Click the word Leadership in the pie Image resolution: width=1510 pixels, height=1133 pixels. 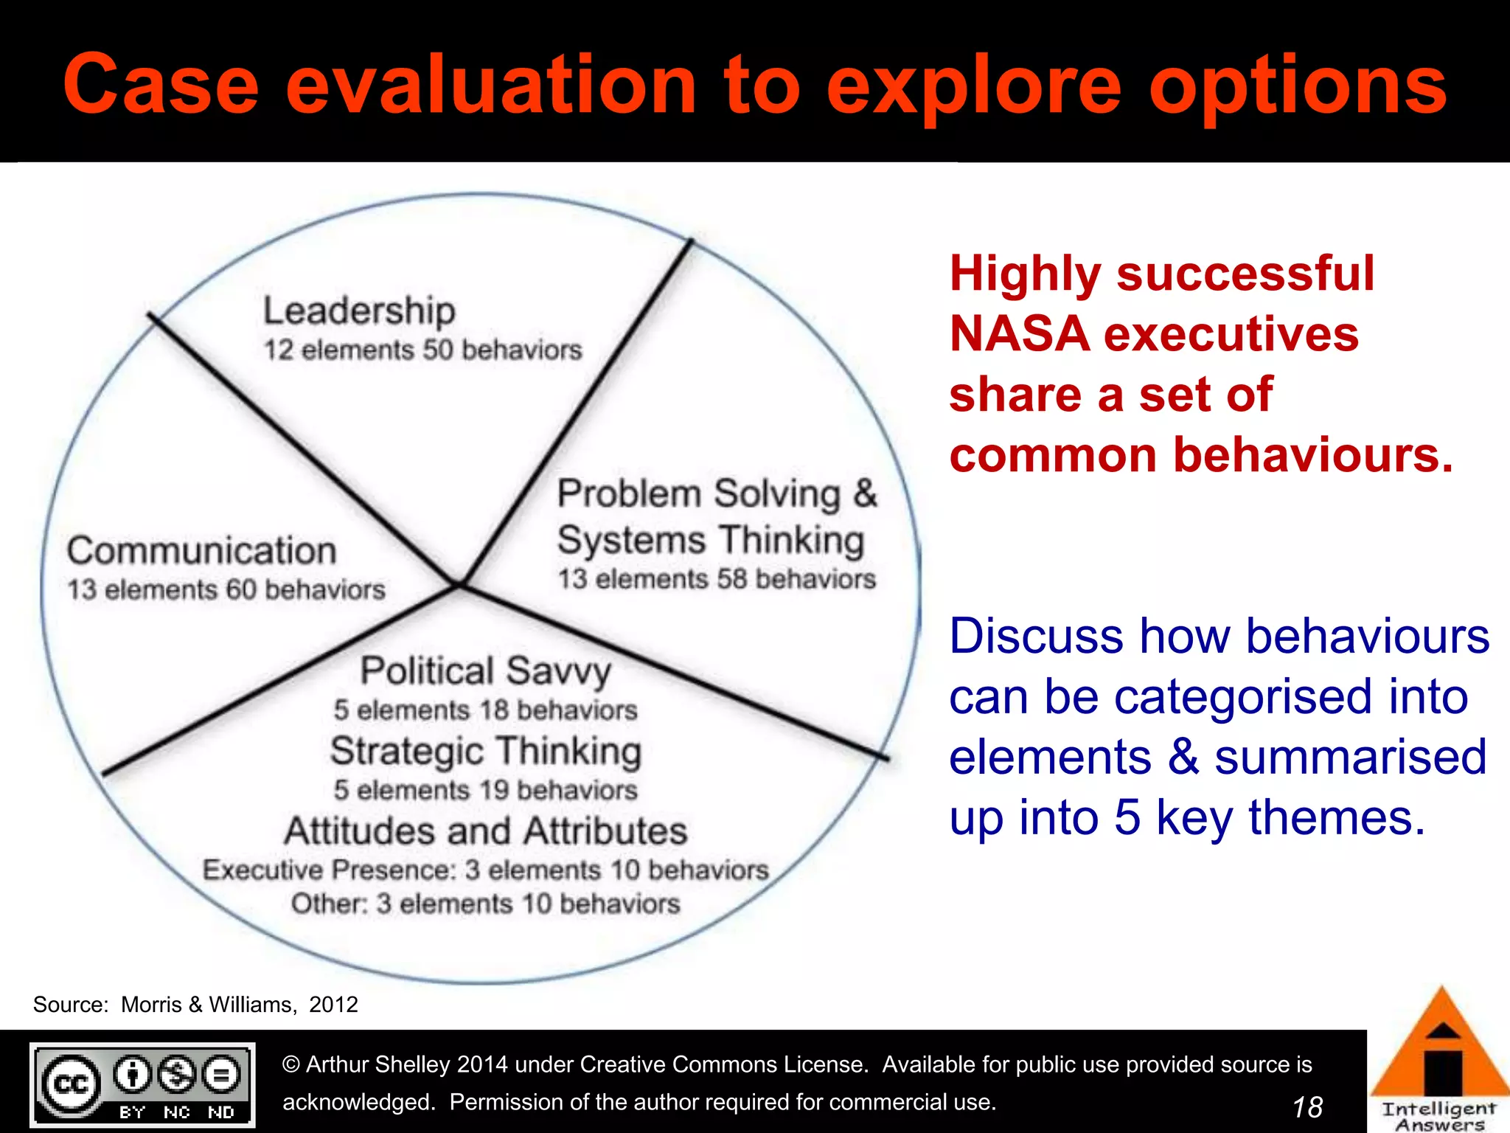point(359,311)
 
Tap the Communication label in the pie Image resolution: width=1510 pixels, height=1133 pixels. point(201,550)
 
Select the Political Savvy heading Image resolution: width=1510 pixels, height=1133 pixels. point(485,671)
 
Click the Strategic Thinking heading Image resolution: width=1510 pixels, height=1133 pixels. point(485,751)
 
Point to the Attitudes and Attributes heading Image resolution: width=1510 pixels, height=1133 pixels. point(485,831)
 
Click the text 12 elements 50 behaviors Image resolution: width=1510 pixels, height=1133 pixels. point(422,350)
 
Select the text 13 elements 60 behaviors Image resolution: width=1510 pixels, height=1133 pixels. point(226,589)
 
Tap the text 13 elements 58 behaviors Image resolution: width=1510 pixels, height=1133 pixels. point(716,579)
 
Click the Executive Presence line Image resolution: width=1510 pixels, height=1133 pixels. point(485,870)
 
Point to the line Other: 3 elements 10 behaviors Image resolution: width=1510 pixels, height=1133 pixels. point(485,904)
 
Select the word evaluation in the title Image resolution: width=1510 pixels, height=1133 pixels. point(490,85)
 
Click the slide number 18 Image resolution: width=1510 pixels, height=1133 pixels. point(1307,1107)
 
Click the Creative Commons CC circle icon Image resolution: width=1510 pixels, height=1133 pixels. point(72,1084)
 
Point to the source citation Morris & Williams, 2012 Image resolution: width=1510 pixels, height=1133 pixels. point(239,1005)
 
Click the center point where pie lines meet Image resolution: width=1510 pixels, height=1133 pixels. point(459,584)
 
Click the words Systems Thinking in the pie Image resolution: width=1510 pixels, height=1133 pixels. point(710,539)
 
